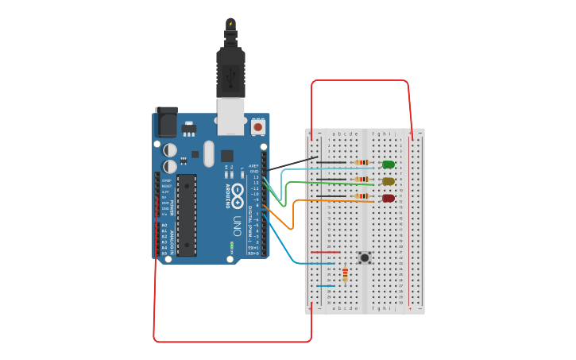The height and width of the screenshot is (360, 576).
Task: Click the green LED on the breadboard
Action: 389,165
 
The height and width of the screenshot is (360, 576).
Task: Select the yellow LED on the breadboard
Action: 389,181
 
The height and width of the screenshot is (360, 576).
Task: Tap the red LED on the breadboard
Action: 389,198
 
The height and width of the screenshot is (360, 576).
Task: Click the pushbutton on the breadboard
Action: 365,257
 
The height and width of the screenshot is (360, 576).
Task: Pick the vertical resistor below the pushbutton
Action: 345,275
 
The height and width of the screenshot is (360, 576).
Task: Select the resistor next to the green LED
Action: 361,163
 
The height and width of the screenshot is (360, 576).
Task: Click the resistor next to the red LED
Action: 361,196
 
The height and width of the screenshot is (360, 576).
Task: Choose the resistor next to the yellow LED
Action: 361,180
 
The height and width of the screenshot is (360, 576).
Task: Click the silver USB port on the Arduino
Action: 231,116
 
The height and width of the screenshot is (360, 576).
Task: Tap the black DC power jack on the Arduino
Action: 167,122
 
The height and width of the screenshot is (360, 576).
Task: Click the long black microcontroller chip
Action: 186,215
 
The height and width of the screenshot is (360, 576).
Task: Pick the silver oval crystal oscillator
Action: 209,153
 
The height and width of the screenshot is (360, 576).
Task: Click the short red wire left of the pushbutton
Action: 325,253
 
